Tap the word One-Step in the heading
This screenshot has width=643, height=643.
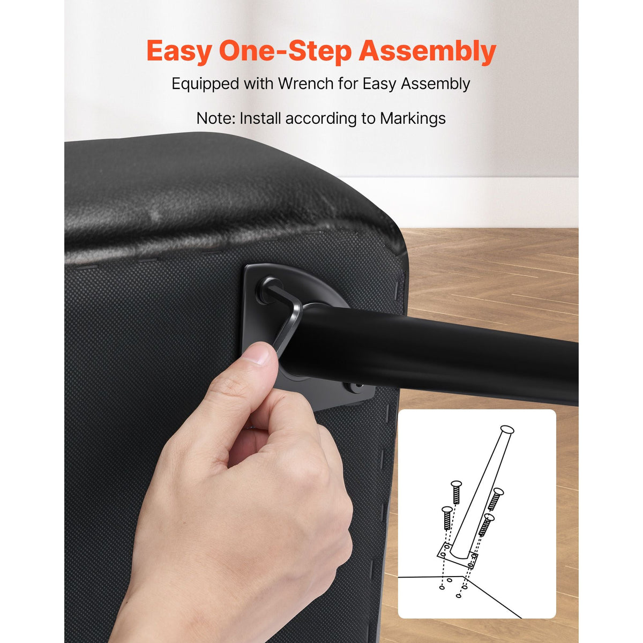tap(285, 51)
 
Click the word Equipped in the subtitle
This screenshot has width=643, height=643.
tap(205, 84)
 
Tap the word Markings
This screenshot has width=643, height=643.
tap(413, 119)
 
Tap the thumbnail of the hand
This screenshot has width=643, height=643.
tap(258, 355)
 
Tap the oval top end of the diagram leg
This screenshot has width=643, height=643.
tap(507, 429)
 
